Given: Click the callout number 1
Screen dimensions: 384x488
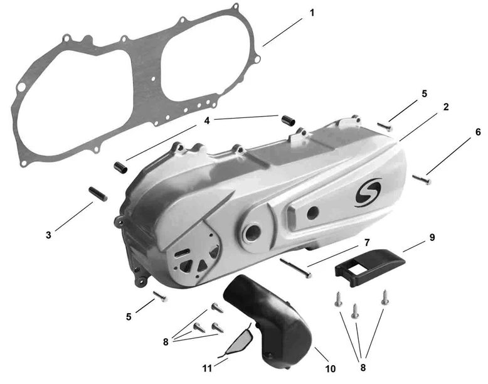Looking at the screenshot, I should click(312, 13).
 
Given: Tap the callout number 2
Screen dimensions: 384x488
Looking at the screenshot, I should click(445, 107).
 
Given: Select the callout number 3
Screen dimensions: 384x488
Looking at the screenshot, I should click(48, 235).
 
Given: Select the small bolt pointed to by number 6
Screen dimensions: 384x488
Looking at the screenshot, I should click(422, 179).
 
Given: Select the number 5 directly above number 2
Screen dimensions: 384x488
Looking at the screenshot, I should click(425, 93).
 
